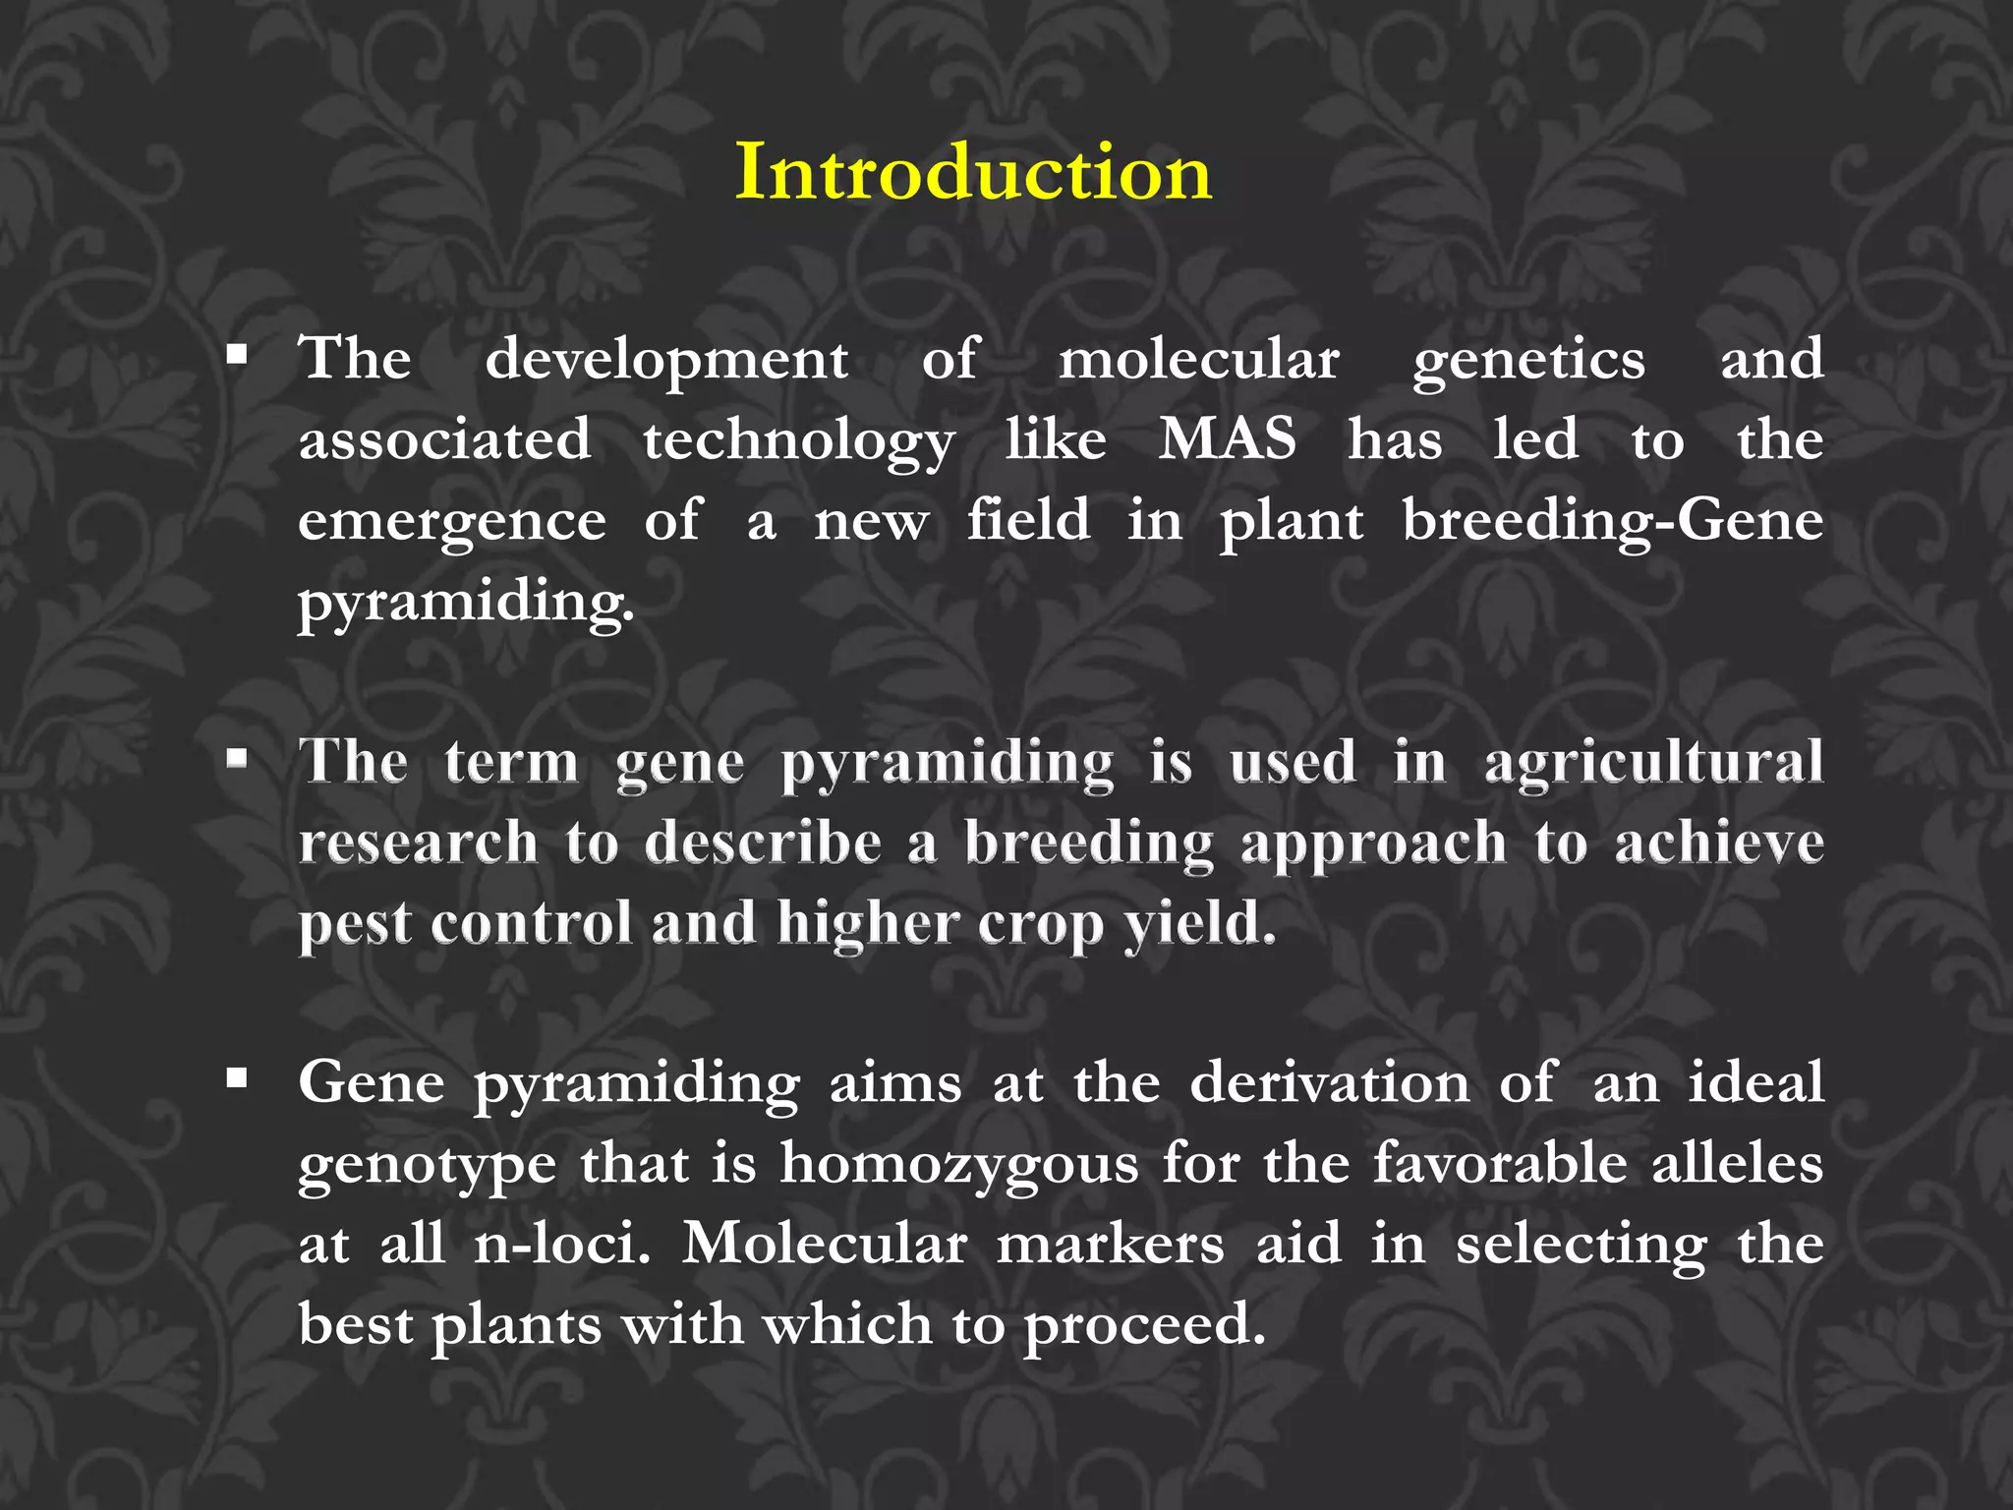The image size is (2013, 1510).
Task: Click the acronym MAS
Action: [x=1227, y=438]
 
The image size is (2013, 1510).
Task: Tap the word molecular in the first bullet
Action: [x=1198, y=359]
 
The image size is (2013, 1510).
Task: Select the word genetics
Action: [x=1528, y=361]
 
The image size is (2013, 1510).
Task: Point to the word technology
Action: [x=798, y=440]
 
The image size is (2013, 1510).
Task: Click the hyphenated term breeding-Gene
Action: [x=1612, y=521]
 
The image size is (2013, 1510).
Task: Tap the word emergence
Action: [x=452, y=521]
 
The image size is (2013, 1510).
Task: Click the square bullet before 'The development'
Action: [x=236, y=355]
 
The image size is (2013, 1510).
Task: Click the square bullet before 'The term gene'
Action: [x=236, y=758]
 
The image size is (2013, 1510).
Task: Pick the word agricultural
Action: [x=1653, y=763]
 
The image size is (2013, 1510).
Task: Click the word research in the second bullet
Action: [x=419, y=842]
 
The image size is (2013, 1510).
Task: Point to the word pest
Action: [x=355, y=924]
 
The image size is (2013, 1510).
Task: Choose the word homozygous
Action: [x=959, y=1165]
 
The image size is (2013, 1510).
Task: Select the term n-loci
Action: [x=562, y=1244]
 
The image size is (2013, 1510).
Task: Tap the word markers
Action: [x=1111, y=1244]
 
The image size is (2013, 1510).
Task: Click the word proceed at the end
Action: [x=1144, y=1326]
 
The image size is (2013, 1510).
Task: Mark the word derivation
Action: [x=1329, y=1082]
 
